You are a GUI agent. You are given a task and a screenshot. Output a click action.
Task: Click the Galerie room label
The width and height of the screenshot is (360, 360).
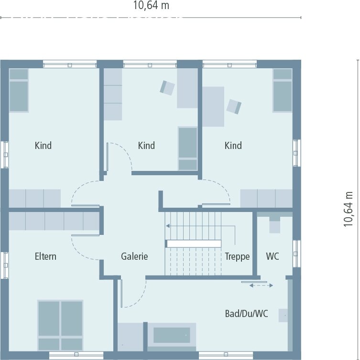coord(134,256)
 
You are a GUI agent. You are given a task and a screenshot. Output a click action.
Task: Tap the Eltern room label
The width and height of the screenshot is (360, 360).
coord(45,256)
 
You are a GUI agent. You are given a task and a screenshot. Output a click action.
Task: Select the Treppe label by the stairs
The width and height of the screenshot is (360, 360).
coord(237,256)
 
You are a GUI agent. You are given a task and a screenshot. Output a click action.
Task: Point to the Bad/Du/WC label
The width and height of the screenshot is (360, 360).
coord(246,313)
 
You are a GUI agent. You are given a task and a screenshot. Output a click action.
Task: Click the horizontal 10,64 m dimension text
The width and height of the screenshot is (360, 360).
coord(151,6)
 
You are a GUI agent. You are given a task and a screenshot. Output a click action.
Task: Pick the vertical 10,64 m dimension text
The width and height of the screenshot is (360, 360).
coord(348,209)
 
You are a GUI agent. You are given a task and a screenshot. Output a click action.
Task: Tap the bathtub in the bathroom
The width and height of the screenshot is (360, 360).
coord(172,335)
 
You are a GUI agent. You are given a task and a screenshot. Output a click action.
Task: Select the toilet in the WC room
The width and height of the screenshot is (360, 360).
coord(274,224)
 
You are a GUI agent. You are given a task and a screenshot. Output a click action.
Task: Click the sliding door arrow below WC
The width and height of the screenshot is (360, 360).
coord(261,286)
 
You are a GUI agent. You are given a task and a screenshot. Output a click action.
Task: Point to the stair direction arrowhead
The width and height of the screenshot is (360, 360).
coord(168,226)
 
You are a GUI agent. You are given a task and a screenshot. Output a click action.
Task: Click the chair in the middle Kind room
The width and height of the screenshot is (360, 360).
coord(167,88)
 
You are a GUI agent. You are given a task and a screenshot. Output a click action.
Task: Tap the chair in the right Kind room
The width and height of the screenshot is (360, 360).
coord(234,106)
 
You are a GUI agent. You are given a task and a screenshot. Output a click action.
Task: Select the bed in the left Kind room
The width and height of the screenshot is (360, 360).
coord(19,90)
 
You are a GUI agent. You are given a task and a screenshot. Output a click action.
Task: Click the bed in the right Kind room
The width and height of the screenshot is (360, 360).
coord(283,90)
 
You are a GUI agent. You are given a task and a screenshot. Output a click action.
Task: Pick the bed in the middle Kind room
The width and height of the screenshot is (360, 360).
coord(188,148)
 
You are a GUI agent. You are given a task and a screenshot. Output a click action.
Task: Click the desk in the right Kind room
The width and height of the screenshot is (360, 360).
coord(213,106)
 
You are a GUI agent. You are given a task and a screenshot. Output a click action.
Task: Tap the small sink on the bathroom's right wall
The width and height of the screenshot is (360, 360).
coord(283,316)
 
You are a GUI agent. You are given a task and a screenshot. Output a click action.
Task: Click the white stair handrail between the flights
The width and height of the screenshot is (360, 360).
coord(194,244)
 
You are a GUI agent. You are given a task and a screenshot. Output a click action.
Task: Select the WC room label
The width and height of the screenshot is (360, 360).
coord(273,256)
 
